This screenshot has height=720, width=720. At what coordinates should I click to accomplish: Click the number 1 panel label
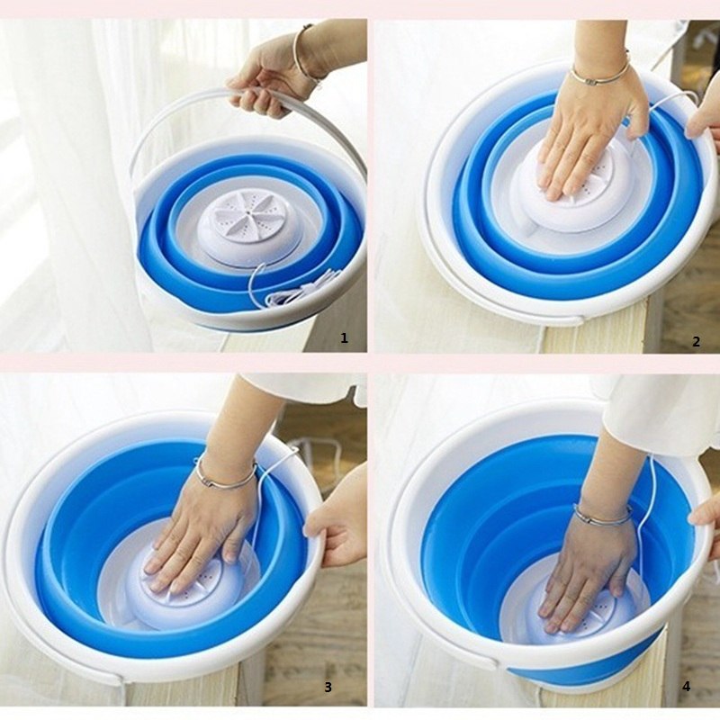(343, 338)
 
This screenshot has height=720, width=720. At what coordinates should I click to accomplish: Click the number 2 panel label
(696, 341)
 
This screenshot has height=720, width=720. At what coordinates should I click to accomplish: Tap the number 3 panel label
(328, 687)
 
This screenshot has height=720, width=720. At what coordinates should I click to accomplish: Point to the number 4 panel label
(686, 687)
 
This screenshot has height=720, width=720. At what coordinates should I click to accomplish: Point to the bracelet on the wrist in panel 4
(602, 517)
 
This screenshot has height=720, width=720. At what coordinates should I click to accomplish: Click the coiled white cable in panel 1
(297, 293)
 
